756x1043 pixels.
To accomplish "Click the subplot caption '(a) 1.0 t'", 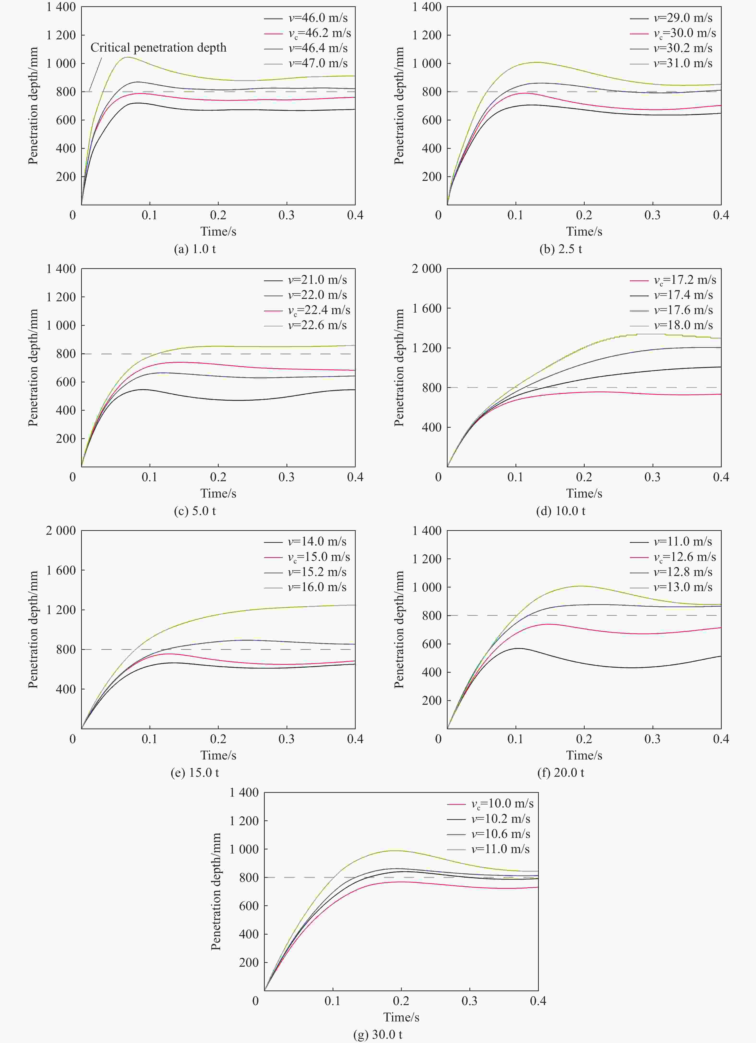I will [195, 249].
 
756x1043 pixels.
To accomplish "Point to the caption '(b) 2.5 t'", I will [560, 249].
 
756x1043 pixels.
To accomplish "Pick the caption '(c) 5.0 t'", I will [195, 510].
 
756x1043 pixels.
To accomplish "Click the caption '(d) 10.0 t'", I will [560, 510].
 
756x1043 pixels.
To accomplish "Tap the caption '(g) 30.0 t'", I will [378, 1034].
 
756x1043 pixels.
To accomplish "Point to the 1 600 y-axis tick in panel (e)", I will [61, 570].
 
